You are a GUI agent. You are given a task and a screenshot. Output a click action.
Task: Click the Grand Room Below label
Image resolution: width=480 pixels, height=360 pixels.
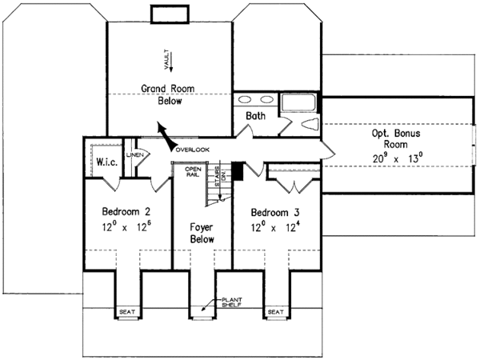[163, 94]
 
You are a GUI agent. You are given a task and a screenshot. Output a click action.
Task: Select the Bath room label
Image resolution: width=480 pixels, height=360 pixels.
[255, 116]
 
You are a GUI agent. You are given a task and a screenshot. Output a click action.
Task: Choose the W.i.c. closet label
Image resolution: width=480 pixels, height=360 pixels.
[108, 162]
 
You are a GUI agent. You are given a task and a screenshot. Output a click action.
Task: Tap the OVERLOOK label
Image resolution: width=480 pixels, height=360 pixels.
[193, 150]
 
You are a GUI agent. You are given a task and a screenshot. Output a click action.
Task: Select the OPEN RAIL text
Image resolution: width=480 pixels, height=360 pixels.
[193, 172]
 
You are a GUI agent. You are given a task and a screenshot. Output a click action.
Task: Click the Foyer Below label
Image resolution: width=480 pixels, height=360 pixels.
[202, 233]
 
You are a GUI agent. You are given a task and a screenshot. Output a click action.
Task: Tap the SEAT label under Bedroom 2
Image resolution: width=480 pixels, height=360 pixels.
[126, 312]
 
